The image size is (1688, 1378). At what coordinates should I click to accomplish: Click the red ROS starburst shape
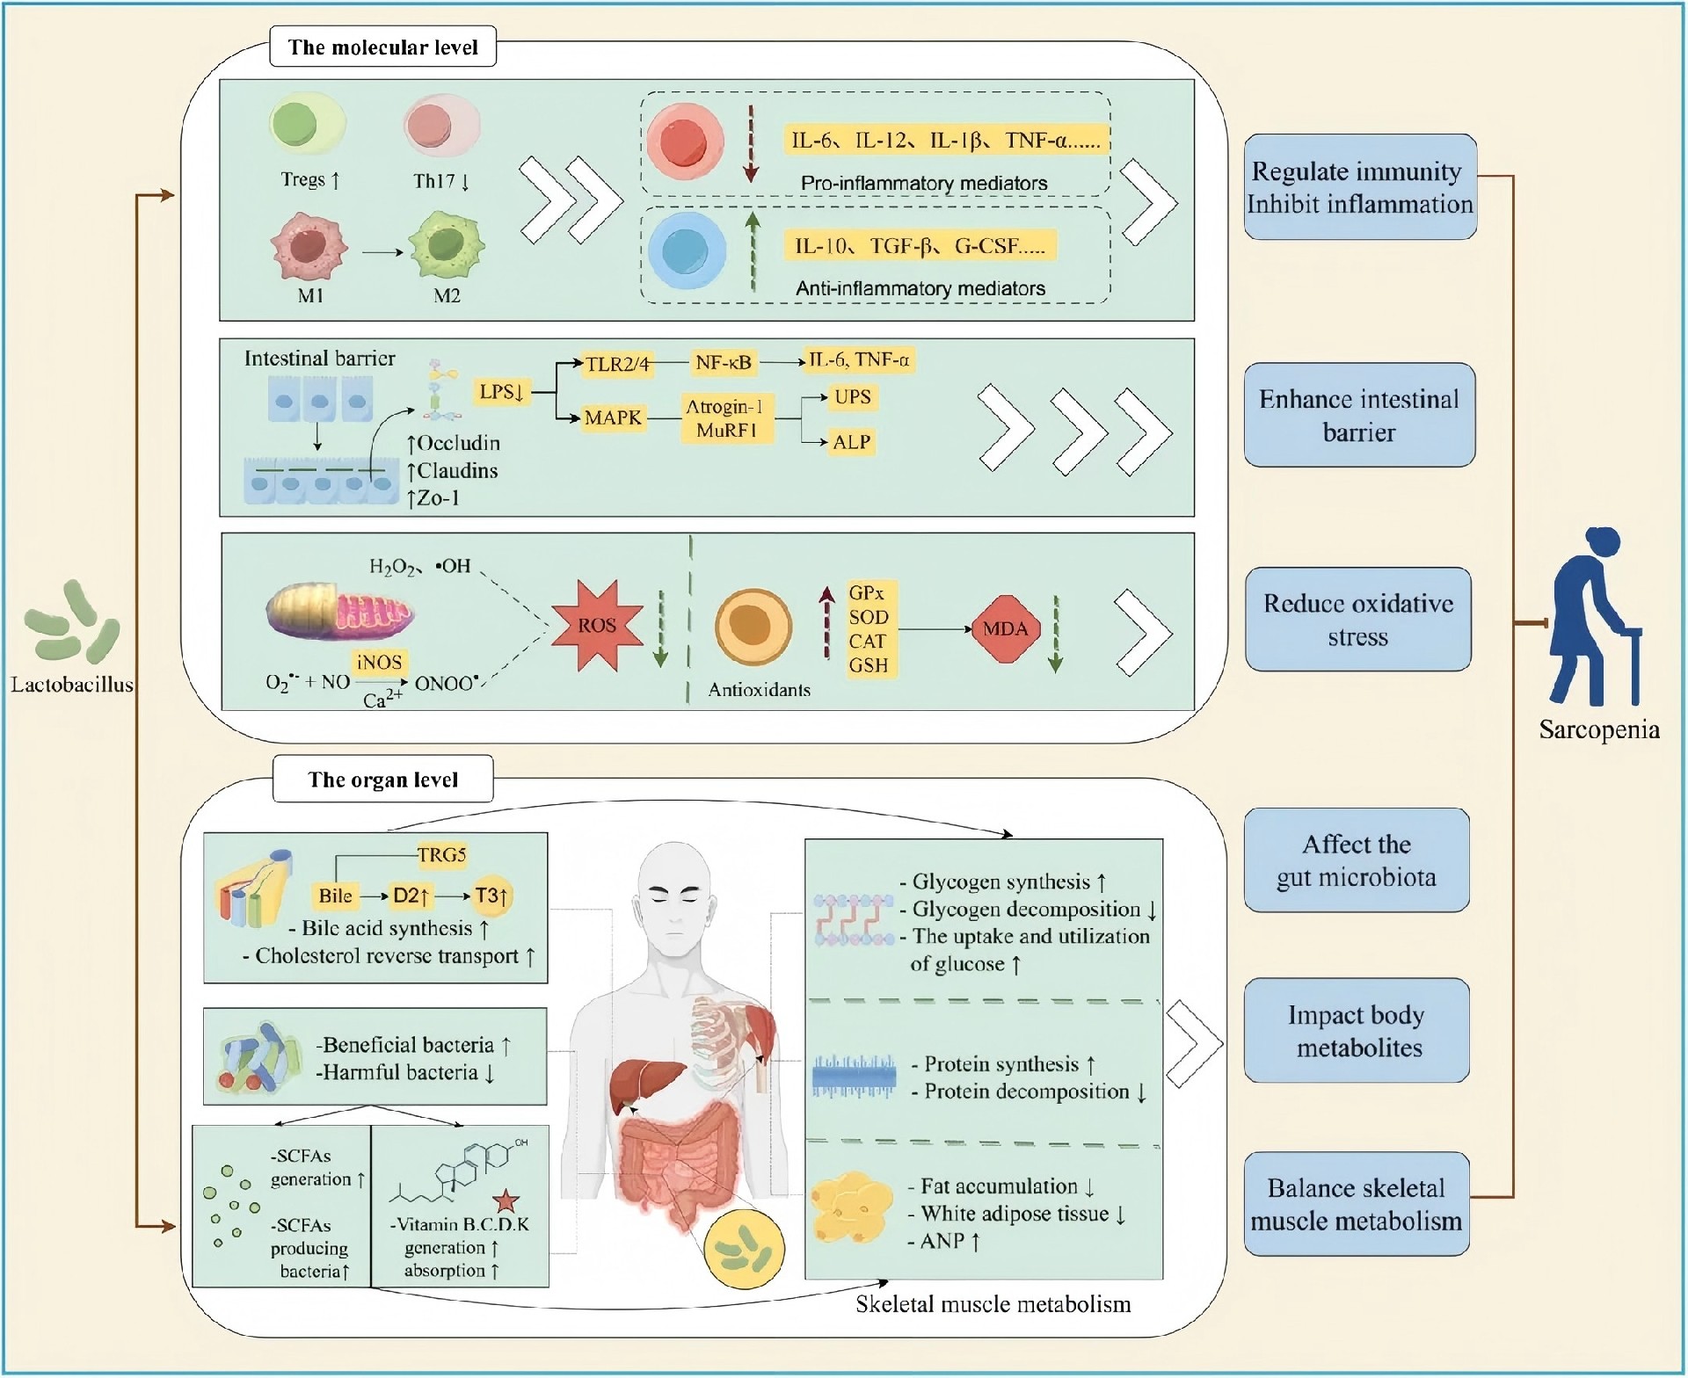597,626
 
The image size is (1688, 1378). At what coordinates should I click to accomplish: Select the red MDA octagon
1005,628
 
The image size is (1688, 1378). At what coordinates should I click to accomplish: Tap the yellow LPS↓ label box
502,392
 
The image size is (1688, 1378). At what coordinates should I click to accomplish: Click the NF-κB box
723,361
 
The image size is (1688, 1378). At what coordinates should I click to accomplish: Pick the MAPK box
613,417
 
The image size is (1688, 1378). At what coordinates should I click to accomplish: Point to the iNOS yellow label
379,662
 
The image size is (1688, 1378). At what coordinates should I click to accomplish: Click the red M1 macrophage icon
309,246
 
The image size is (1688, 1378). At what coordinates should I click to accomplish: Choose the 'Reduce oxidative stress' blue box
1357,620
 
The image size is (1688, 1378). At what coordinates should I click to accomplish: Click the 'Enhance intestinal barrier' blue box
1358,415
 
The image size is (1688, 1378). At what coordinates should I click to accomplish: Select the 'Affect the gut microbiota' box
1356,860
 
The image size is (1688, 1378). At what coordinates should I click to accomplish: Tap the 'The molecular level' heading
382,47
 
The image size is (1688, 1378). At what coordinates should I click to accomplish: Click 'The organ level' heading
382,780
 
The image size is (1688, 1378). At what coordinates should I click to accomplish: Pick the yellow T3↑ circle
491,896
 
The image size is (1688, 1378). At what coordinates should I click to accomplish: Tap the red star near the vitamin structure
505,1200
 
